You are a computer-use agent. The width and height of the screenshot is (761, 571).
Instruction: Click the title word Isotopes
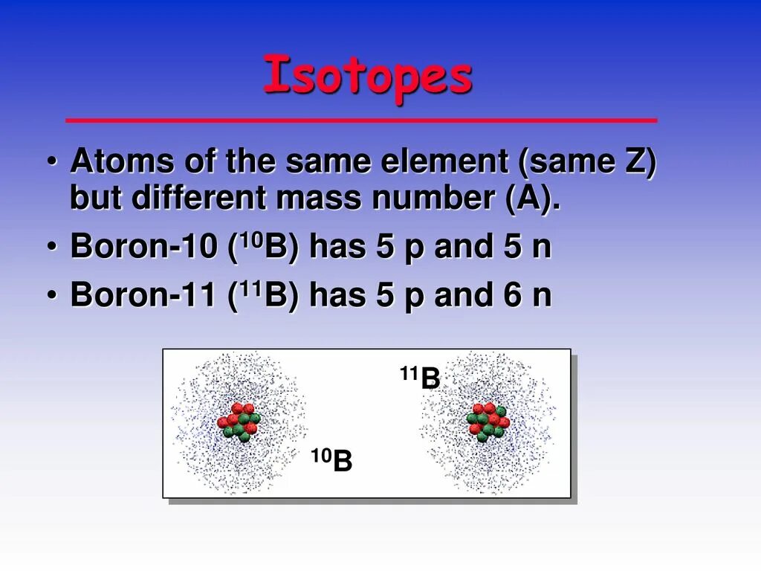pyautogui.click(x=368, y=77)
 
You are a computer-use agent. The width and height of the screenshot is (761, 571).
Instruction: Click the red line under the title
pyautogui.click(x=361, y=120)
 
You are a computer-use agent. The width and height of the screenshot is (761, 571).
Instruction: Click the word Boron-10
pyautogui.click(x=143, y=248)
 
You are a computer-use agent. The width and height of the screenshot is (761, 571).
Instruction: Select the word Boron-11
pyautogui.click(x=143, y=295)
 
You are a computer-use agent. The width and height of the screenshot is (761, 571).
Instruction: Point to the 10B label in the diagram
pyautogui.click(x=331, y=460)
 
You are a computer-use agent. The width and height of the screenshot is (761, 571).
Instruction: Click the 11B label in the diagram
pyautogui.click(x=421, y=378)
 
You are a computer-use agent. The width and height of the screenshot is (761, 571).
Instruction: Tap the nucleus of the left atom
pyautogui.click(x=239, y=422)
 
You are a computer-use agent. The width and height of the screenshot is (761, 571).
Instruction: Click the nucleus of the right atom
pyautogui.click(x=488, y=422)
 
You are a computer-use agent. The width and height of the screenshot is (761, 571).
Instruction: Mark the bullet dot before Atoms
pyautogui.click(x=53, y=163)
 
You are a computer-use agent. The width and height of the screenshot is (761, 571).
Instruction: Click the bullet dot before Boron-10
pyautogui.click(x=53, y=248)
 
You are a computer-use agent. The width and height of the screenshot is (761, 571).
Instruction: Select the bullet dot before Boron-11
pyautogui.click(x=53, y=296)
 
